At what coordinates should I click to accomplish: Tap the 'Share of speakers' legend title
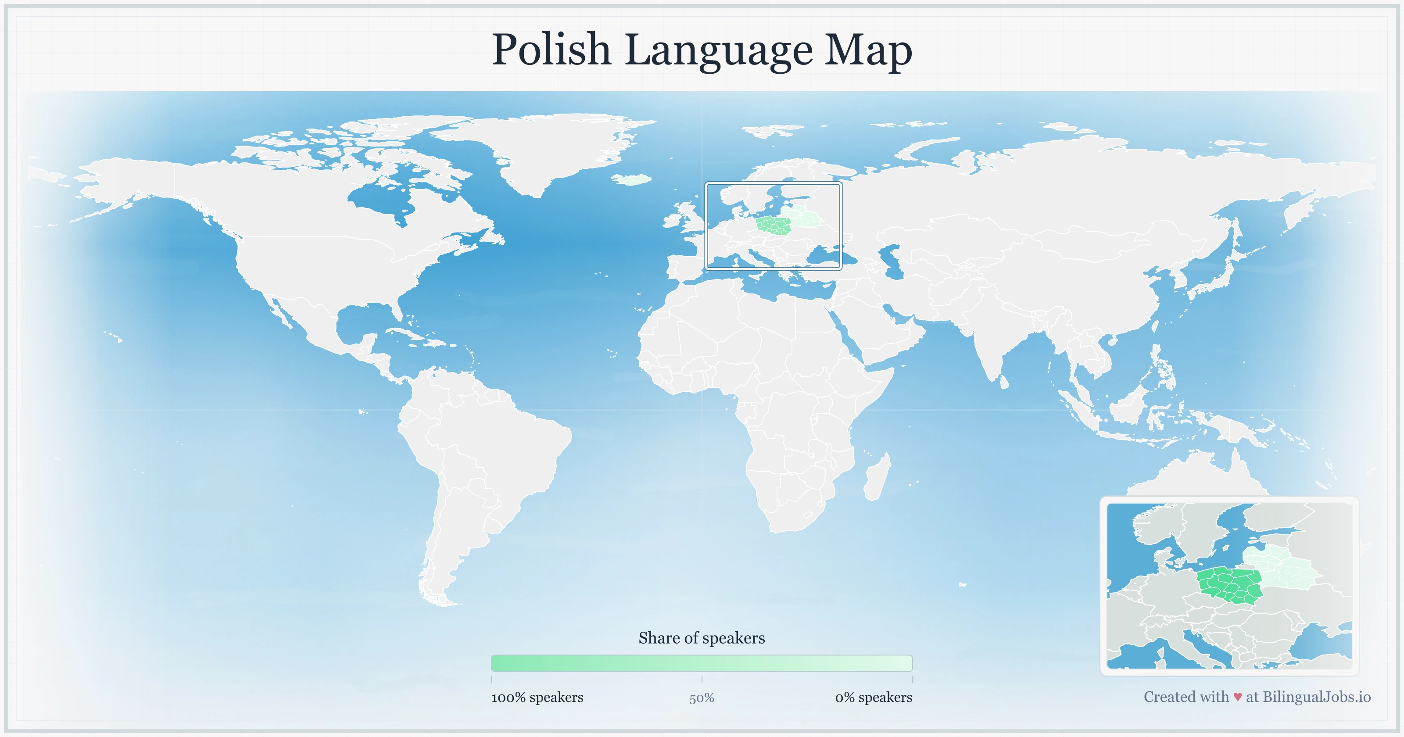point(702,638)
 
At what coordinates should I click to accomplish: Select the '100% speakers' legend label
point(537,697)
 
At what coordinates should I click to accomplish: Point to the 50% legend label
point(702,698)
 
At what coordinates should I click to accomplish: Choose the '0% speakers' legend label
point(873,697)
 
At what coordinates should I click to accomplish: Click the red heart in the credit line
point(1237,697)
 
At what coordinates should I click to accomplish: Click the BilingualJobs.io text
point(1316,697)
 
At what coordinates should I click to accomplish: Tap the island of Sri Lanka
point(1004,382)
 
